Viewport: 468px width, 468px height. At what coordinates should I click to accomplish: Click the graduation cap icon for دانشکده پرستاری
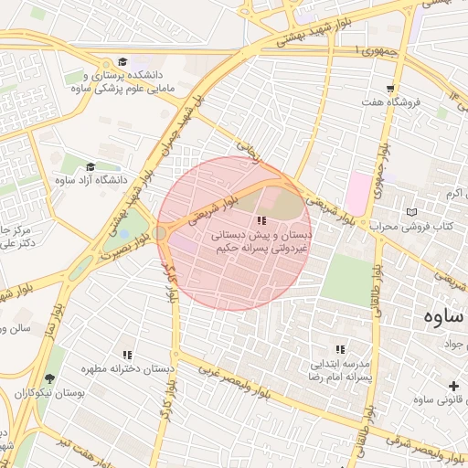tap(122, 61)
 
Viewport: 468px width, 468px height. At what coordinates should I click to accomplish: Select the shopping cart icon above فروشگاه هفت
tap(391, 89)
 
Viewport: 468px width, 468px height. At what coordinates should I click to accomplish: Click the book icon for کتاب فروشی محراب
tap(410, 211)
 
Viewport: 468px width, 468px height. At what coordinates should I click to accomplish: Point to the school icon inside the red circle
tap(262, 220)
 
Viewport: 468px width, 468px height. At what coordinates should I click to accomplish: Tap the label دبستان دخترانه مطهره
tap(128, 369)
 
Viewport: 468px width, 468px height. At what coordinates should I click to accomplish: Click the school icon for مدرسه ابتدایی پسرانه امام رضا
tap(340, 349)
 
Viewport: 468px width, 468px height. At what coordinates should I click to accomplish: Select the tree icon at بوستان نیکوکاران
tap(48, 378)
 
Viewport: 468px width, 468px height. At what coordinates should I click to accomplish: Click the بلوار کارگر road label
tap(168, 282)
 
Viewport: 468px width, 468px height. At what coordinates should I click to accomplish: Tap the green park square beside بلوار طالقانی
tap(347, 280)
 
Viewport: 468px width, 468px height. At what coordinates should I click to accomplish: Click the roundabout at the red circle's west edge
tap(160, 234)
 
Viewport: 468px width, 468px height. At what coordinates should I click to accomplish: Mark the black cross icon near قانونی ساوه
tap(454, 386)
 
